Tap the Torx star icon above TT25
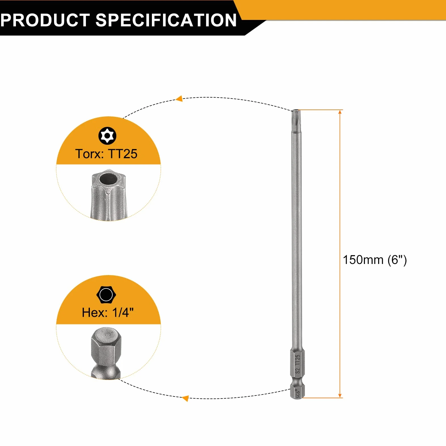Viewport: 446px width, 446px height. (x=107, y=136)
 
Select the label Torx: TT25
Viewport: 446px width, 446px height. (x=106, y=154)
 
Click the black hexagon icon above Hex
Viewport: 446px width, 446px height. (x=106, y=294)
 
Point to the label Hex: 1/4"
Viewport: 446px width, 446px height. (x=108, y=313)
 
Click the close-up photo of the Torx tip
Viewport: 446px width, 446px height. (x=108, y=195)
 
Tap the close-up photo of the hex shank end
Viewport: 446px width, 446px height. (x=106, y=353)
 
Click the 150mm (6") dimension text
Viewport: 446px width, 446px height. (x=375, y=260)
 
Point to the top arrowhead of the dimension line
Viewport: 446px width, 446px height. (x=340, y=112)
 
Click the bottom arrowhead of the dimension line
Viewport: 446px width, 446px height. (x=340, y=395)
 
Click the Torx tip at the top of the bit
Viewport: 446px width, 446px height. (x=296, y=117)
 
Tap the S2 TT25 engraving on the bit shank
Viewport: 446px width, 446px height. (x=298, y=364)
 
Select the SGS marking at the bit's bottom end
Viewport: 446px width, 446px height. (x=298, y=394)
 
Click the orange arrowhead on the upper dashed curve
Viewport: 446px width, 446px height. (x=179, y=99)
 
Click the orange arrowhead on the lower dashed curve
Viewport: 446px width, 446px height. (x=185, y=398)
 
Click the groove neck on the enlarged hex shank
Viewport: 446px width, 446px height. (x=106, y=371)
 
